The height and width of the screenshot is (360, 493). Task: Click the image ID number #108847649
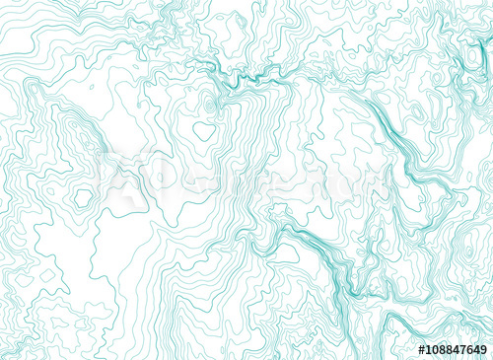pos(453,350)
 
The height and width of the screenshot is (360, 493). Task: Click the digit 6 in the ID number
pos(467,350)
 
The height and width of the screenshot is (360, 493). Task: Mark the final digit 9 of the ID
pos(483,350)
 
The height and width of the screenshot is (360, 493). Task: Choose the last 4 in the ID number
pos(475,350)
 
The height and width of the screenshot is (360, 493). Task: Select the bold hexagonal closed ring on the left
pos(82,198)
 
